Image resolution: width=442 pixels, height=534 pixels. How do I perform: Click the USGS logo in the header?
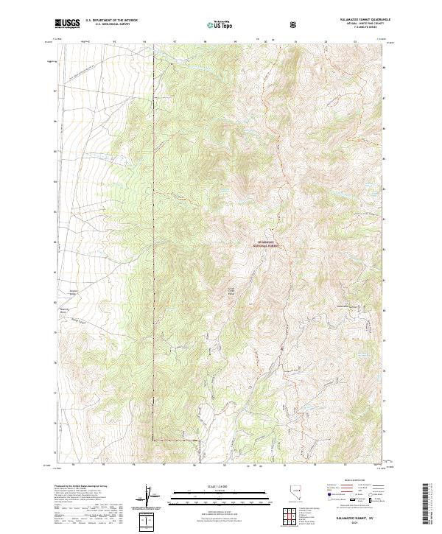pyautogui.click(x=67, y=24)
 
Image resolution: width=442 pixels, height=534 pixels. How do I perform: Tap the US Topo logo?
pyautogui.click(x=221, y=24)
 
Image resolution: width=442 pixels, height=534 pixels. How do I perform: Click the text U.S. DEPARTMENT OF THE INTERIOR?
pyautogui.click(x=111, y=21)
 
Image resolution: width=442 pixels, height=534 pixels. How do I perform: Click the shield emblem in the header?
pyautogui.click(x=295, y=24)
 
